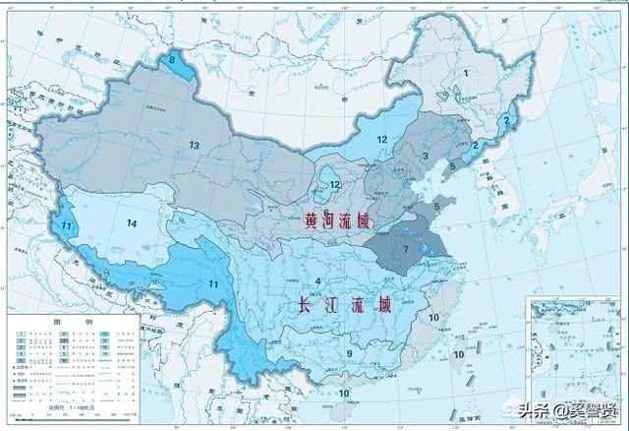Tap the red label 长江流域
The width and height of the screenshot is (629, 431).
pos(342,306)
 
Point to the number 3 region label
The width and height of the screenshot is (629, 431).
pos(425,156)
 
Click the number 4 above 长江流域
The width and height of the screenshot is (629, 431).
pos(318,283)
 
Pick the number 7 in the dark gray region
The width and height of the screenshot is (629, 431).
pos(406,249)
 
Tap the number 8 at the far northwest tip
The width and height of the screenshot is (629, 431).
pos(174,61)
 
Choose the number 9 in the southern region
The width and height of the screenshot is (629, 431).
pos(349,353)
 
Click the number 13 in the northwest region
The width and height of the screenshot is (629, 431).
pos(195,146)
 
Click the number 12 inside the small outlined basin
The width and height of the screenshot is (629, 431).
pos(335,184)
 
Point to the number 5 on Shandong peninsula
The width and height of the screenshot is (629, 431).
pos(436,207)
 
